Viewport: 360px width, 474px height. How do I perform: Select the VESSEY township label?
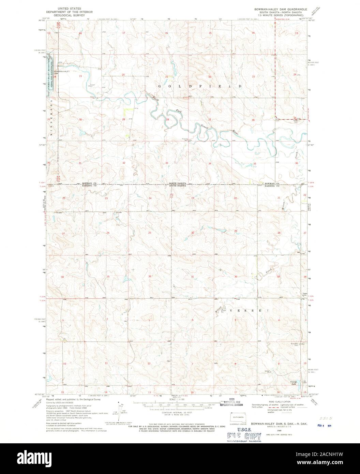click(249, 311)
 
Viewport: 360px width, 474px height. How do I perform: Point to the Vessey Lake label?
click(293, 383)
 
